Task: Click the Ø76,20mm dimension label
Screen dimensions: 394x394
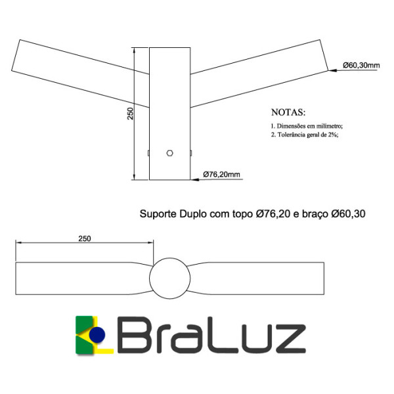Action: click(222, 175)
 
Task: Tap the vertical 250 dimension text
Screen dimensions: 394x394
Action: click(131, 114)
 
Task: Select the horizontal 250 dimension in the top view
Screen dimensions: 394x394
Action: click(84, 238)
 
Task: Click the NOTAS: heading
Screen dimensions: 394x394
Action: click(288, 112)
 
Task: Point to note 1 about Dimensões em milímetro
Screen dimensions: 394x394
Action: click(307, 125)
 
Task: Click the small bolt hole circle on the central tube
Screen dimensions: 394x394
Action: click(170, 153)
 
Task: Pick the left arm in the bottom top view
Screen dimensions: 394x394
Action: click(79, 279)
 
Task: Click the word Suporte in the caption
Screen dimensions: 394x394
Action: click(156, 214)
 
